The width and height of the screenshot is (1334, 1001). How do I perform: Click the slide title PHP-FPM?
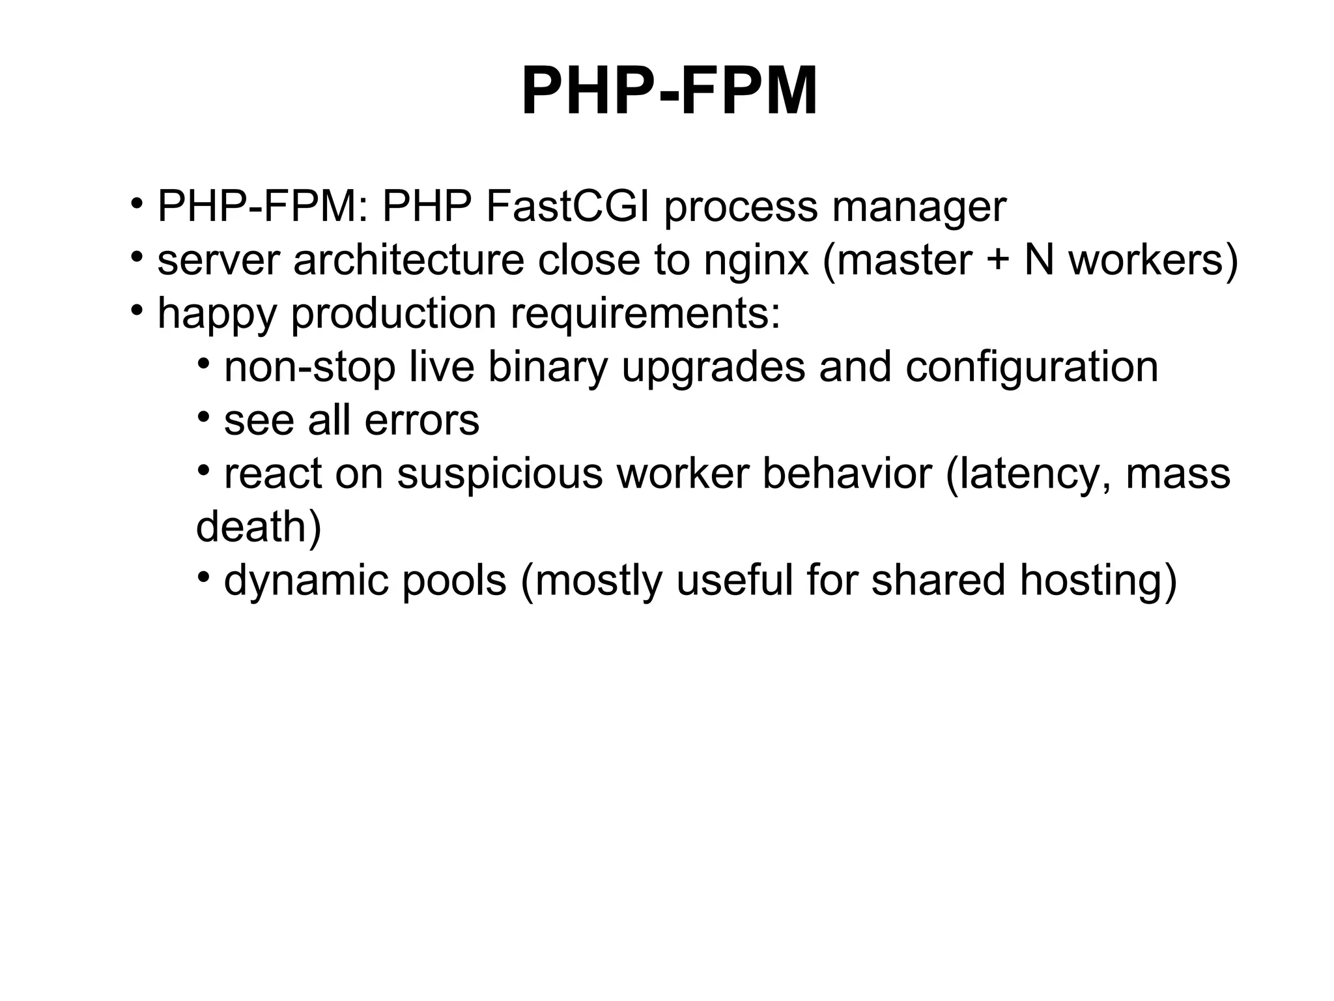(669, 93)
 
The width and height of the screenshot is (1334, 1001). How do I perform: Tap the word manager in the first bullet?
(918, 209)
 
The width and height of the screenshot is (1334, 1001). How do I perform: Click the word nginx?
(756, 261)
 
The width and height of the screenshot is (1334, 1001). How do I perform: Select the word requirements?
(645, 315)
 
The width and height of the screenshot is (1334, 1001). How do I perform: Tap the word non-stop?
(309, 368)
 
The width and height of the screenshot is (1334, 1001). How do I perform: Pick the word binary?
(548, 368)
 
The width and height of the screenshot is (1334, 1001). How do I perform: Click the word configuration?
(1032, 368)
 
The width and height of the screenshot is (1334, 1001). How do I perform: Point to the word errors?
(421, 420)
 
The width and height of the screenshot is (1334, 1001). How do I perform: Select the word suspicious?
(500, 474)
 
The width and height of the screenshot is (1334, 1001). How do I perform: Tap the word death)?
(259, 527)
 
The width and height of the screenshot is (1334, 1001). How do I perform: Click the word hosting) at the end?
(1098, 581)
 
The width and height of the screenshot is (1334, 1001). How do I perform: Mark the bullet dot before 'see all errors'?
(204, 415)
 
